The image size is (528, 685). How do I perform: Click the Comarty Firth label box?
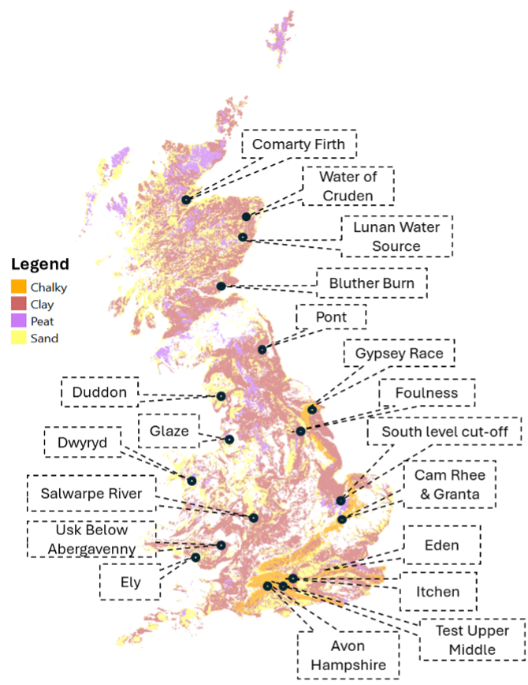[x=299, y=145]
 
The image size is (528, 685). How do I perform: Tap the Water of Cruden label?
[x=336, y=186]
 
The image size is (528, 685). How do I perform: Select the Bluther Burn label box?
[x=372, y=283]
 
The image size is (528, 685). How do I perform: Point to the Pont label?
[x=331, y=317]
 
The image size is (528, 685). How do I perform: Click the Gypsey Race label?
[x=399, y=354]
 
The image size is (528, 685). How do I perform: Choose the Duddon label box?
[x=100, y=391]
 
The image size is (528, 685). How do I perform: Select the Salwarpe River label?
[x=91, y=493]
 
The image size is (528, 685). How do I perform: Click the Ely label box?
[x=130, y=583]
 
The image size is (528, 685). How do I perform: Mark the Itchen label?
[x=438, y=591]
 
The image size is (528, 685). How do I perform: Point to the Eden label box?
[x=441, y=545]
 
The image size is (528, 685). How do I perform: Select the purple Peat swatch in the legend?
[x=19, y=321]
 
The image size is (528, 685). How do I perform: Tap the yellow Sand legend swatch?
[x=19, y=339]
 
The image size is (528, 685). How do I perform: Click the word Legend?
[x=39, y=264]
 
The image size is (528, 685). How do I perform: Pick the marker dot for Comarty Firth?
[x=186, y=200]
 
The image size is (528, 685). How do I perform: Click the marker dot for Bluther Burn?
[x=221, y=286]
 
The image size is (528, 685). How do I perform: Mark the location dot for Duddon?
[x=221, y=396]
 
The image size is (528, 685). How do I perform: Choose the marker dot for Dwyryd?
[x=191, y=480]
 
